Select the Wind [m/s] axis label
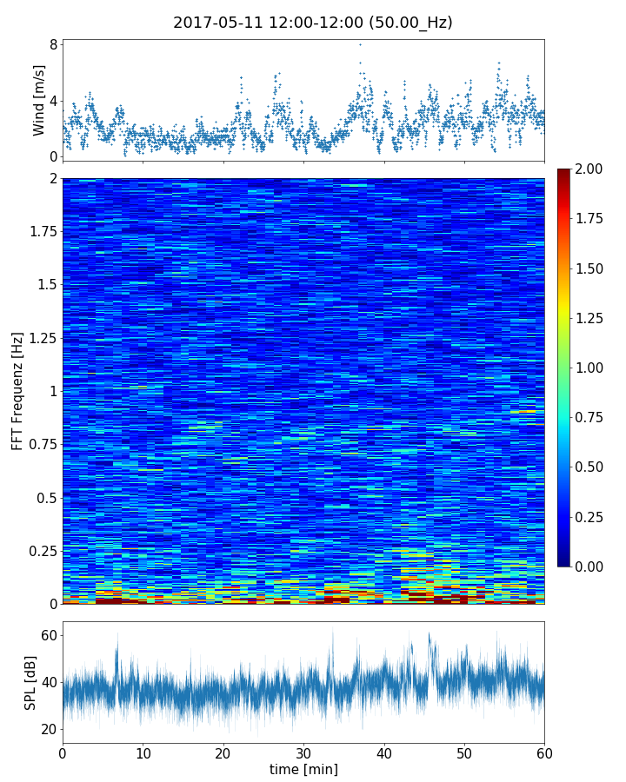(x=39, y=101)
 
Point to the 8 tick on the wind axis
(x=54, y=44)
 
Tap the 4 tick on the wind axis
(x=54, y=101)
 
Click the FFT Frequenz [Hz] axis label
(x=17, y=391)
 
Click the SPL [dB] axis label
(x=30, y=682)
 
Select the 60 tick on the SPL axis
(x=49, y=636)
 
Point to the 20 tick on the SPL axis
(x=49, y=729)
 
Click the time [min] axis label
(x=303, y=769)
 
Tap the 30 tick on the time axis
(x=303, y=752)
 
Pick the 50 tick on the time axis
(x=464, y=752)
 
